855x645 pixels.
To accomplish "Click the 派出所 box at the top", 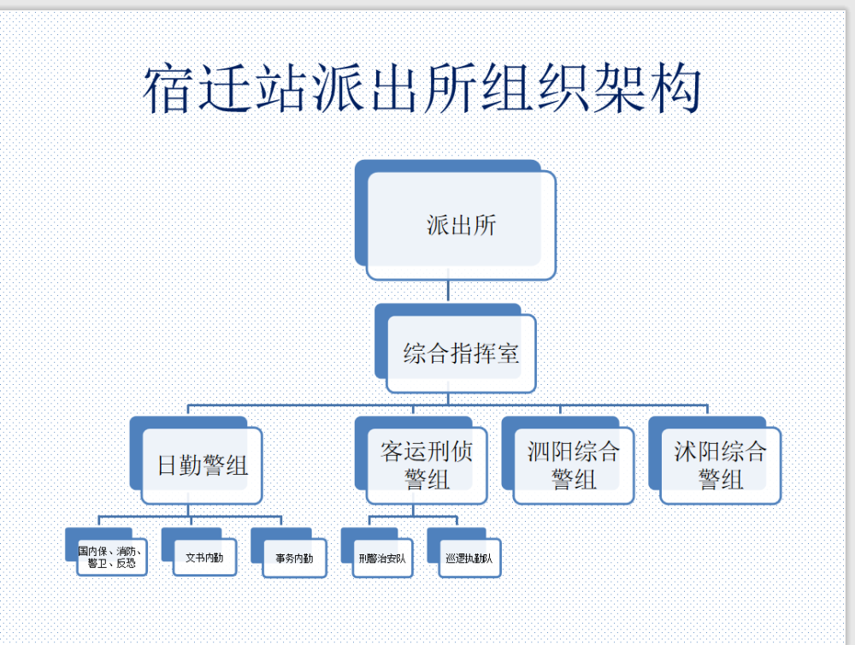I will click(x=462, y=226).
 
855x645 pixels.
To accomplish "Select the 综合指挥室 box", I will click(x=461, y=353).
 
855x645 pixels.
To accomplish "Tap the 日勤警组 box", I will click(x=203, y=465).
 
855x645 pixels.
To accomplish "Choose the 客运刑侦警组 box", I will click(x=427, y=465).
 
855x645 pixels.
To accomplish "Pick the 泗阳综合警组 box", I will click(x=574, y=465).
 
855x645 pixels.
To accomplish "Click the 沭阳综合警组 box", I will click(x=721, y=465).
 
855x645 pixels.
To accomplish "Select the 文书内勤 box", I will click(x=204, y=558).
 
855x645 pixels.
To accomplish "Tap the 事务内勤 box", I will click(x=294, y=559).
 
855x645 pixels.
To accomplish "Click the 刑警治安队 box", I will click(x=382, y=559).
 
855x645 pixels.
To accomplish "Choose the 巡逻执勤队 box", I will click(x=469, y=559).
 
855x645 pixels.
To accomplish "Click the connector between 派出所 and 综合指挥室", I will click(x=448, y=291).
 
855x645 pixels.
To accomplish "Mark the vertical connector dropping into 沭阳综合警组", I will click(x=708, y=411).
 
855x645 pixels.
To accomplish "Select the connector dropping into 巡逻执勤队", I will click(x=457, y=522).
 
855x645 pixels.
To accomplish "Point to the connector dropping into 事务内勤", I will click(x=281, y=522).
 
